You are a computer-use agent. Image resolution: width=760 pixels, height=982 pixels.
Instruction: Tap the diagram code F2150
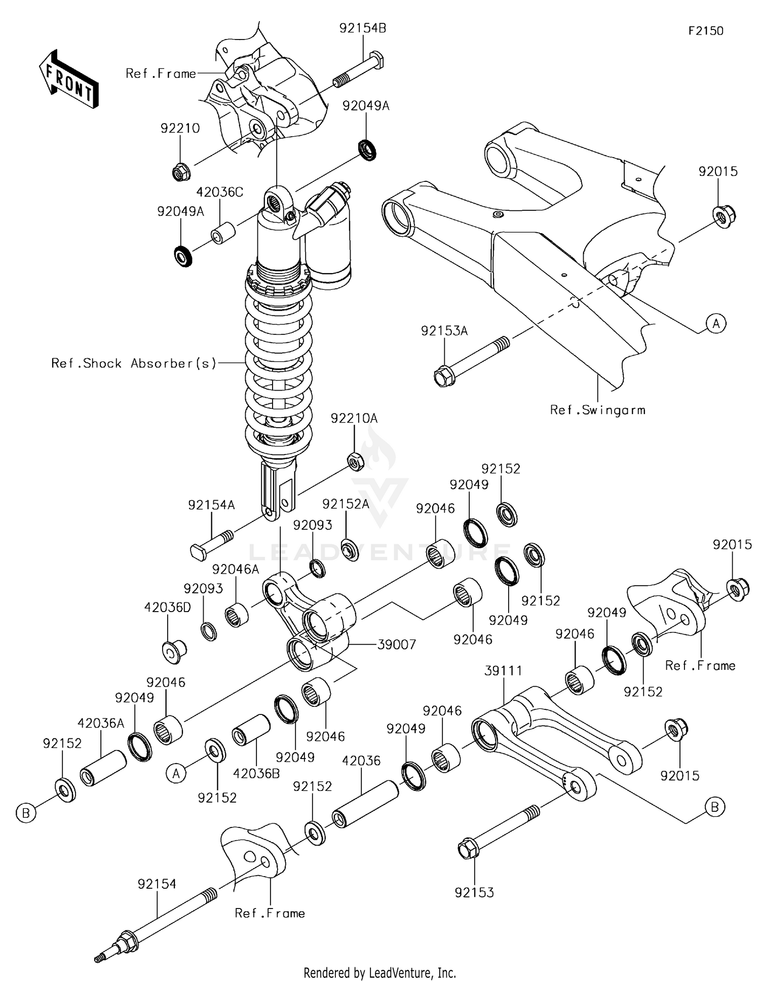(x=705, y=31)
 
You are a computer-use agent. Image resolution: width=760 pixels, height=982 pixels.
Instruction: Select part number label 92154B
(x=363, y=28)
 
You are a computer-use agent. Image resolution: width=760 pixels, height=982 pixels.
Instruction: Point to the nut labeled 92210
(x=181, y=172)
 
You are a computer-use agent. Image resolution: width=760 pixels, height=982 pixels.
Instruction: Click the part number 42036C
(x=219, y=192)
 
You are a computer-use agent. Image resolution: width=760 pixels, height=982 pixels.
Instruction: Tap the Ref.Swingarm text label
(x=597, y=410)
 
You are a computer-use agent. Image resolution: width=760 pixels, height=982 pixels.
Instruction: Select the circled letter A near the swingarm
(x=716, y=323)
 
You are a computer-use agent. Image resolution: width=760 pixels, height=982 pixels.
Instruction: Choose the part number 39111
(x=503, y=670)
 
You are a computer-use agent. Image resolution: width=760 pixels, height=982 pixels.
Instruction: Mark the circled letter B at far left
(x=26, y=813)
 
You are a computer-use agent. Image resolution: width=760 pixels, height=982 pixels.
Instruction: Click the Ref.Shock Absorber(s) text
(x=134, y=363)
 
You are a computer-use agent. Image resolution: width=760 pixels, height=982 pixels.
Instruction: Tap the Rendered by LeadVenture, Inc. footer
(x=379, y=972)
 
